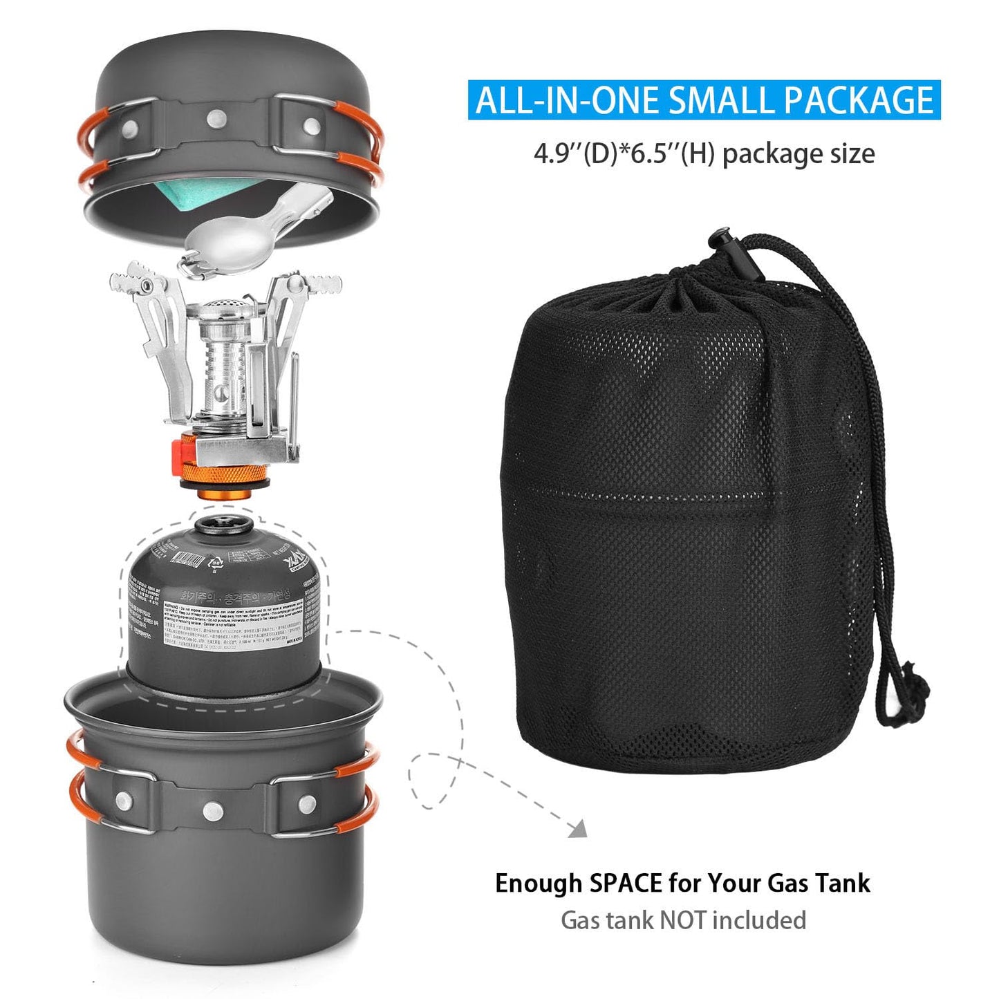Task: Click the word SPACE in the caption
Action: pos(625,884)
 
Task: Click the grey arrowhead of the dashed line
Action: pos(578,828)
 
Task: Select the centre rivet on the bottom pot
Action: pos(213,807)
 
